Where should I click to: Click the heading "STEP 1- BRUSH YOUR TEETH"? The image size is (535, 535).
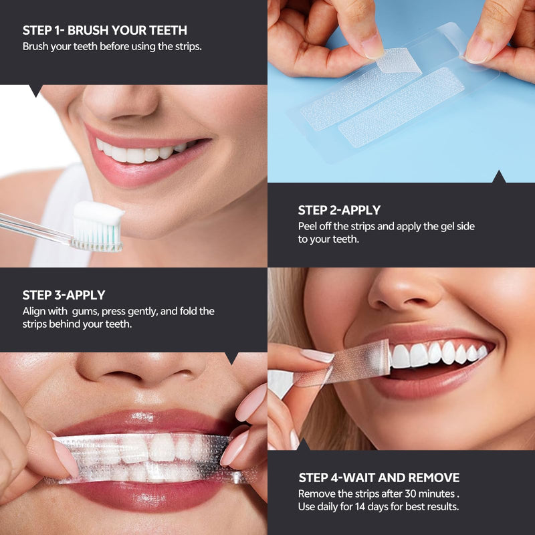pyautogui.click(x=105, y=30)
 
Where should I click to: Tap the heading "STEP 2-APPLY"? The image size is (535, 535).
pyautogui.click(x=339, y=211)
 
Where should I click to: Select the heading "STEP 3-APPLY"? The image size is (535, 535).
pyautogui.click(x=64, y=295)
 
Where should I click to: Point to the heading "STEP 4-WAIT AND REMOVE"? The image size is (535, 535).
pyautogui.click(x=379, y=477)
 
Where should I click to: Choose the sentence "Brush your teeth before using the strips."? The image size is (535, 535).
pyautogui.click(x=112, y=47)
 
